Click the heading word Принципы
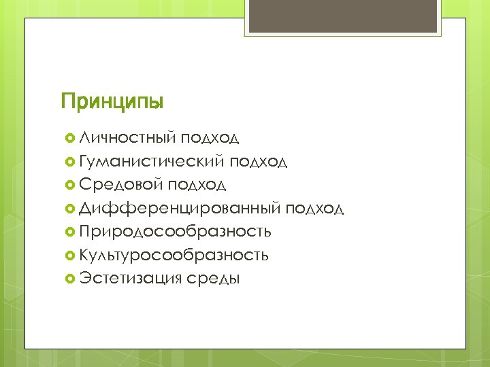pos(112,103)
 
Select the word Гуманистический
pos(152,161)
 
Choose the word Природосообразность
pos(175,232)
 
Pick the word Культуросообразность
pos(174,255)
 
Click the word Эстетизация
pos(129,278)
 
